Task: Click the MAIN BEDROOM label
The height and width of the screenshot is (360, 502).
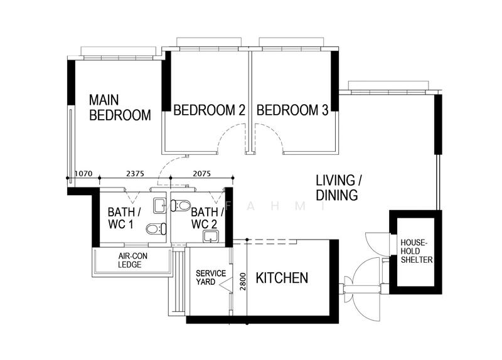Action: click(x=119, y=107)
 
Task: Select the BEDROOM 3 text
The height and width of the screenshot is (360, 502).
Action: click(x=292, y=110)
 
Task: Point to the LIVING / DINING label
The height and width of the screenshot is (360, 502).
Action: click(x=336, y=188)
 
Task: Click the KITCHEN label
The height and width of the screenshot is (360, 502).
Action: click(x=282, y=278)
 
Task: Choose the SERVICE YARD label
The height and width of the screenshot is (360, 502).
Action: click(x=207, y=278)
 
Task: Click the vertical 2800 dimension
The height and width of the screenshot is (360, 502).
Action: click(x=243, y=280)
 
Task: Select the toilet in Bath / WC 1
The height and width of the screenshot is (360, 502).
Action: click(x=154, y=230)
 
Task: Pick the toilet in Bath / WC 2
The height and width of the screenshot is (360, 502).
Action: click(x=181, y=204)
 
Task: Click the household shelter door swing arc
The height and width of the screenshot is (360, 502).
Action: click(x=369, y=243)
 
